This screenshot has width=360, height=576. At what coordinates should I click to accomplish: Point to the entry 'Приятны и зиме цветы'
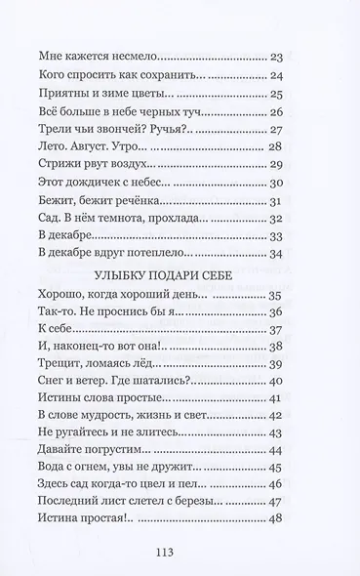tap(103, 95)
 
